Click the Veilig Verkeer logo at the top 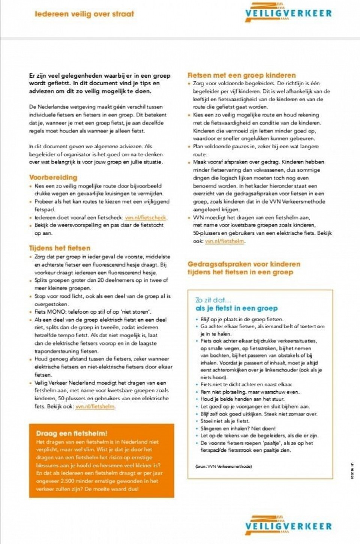pyautogui.click(x=288, y=12)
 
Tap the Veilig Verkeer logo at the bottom pyautogui.click(x=288, y=525)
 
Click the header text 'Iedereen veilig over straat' pyautogui.click(x=84, y=14)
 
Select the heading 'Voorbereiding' pyautogui.click(x=53, y=177)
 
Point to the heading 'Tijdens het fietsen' pyautogui.click(x=60, y=248)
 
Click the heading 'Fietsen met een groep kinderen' pyautogui.click(x=241, y=75)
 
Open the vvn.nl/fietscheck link pyautogui.click(x=145, y=218)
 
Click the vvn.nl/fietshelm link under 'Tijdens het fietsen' pyautogui.click(x=95, y=406)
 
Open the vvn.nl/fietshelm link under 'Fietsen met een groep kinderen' pyautogui.click(x=225, y=241)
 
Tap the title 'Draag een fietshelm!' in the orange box pyautogui.click(x=72, y=433)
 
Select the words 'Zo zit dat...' pyautogui.click(x=213, y=300)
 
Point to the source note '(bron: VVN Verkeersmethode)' pyautogui.click(x=223, y=466)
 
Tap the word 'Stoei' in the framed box pyautogui.click(x=207, y=421)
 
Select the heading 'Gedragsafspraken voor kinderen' pyautogui.click(x=244, y=264)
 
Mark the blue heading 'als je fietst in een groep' pyautogui.click(x=237, y=308)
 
